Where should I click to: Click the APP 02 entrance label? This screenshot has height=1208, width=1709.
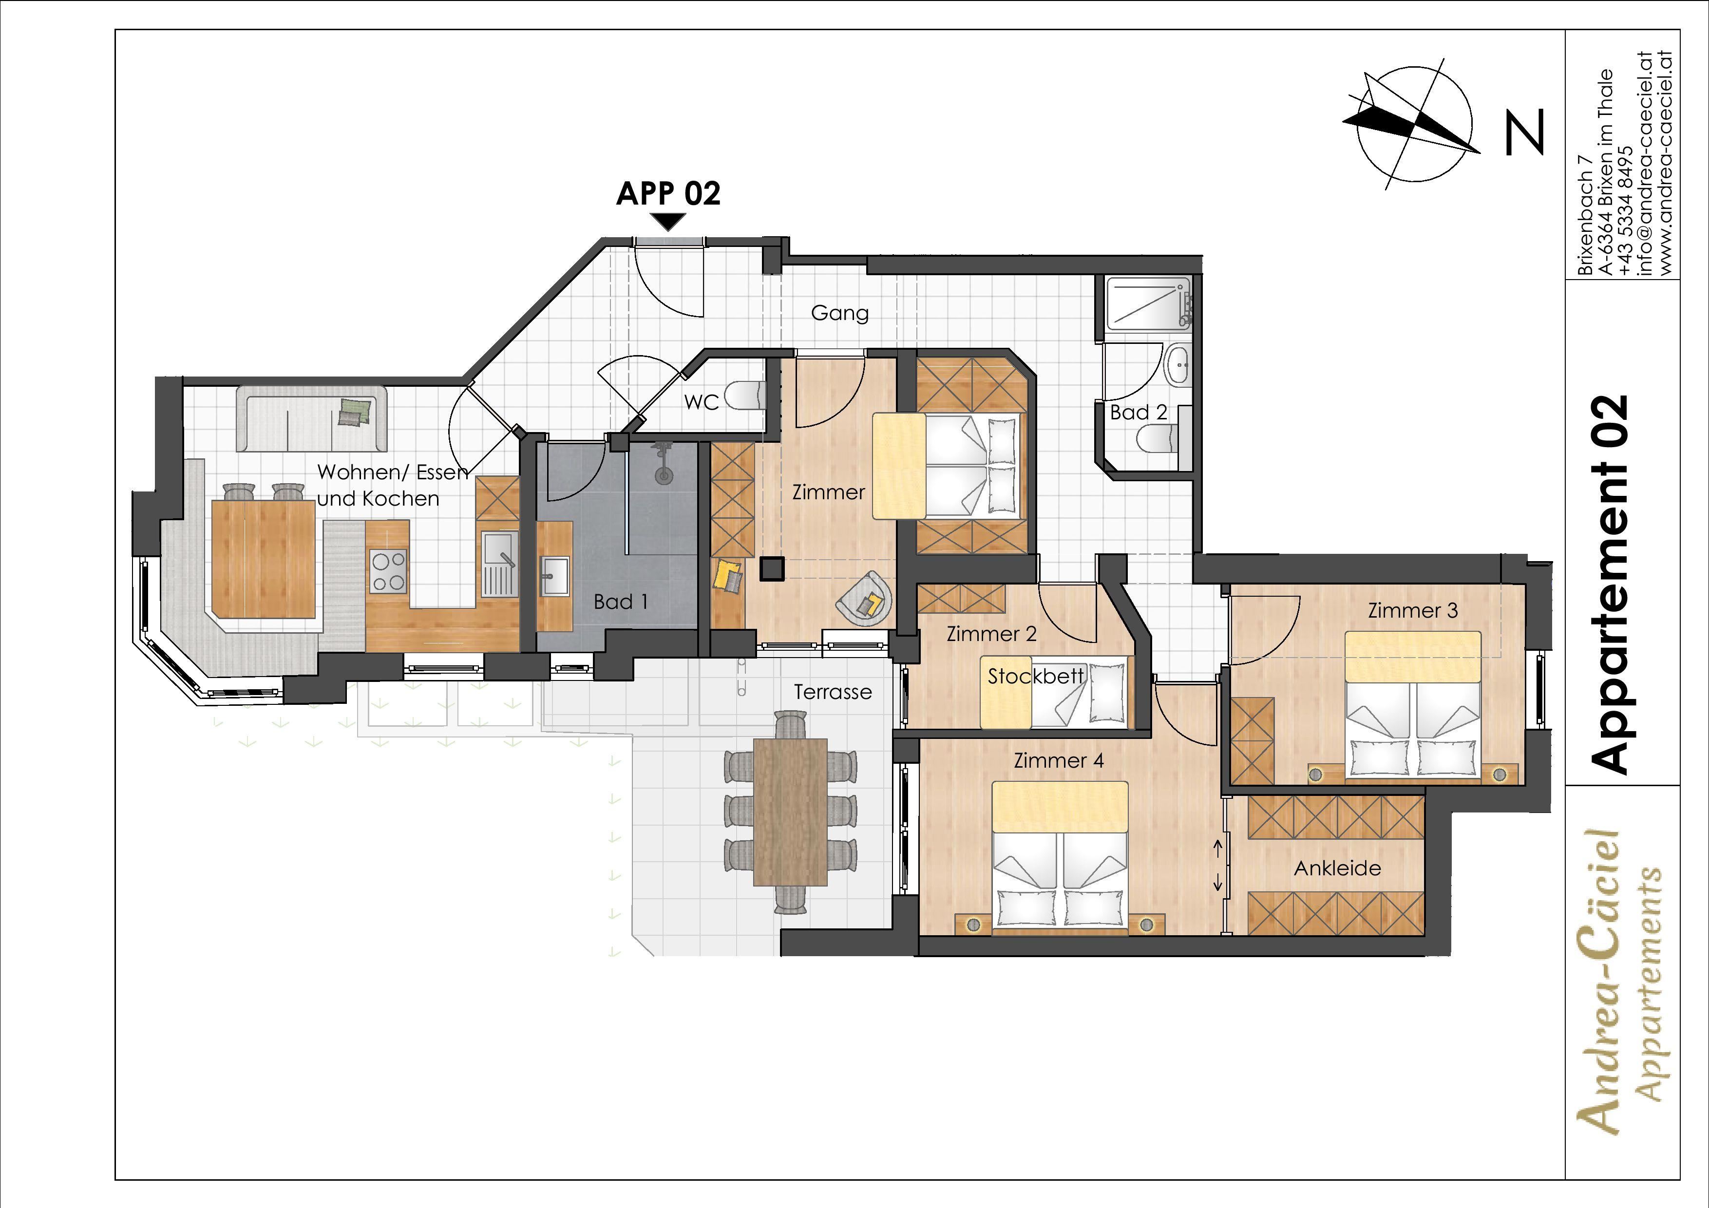[668, 193]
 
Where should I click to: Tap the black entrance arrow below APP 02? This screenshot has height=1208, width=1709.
[668, 222]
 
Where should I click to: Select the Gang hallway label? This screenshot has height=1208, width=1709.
[839, 313]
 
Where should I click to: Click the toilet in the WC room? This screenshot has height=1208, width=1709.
[744, 395]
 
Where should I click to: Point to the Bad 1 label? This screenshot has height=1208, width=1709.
[620, 602]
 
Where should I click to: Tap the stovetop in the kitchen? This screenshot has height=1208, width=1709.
[388, 571]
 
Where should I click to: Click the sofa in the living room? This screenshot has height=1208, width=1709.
[311, 418]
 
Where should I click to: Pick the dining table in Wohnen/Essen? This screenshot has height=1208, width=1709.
[264, 558]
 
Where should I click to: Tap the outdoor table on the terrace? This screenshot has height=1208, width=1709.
[791, 812]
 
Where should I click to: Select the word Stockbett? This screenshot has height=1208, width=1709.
[1035, 677]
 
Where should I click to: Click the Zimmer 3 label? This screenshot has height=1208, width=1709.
[1413, 610]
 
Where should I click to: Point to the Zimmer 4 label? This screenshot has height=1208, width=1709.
[1059, 761]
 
